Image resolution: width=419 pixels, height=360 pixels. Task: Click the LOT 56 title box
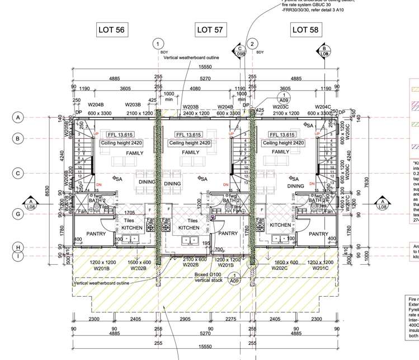point(111,30)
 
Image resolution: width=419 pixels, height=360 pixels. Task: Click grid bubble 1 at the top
point(158,44)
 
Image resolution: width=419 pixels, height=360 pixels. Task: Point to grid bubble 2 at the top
point(253,44)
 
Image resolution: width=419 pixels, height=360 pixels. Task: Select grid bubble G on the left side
point(18,214)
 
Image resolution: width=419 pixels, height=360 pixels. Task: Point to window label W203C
point(280,106)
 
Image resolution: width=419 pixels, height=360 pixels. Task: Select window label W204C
point(323,106)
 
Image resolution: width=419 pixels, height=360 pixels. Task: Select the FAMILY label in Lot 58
point(280,152)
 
